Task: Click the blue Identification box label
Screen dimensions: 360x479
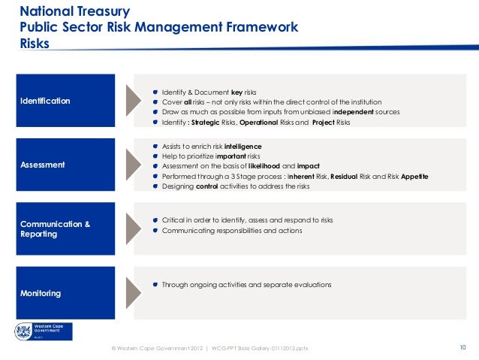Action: pos(45,101)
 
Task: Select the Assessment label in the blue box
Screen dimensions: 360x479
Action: pos(42,165)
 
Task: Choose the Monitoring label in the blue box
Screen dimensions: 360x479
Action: pos(41,292)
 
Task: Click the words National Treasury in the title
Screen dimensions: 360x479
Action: pos(74,12)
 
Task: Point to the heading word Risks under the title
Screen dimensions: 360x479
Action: pos(35,44)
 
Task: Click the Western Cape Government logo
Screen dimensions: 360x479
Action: pos(43,331)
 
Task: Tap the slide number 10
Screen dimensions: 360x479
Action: pos(462,347)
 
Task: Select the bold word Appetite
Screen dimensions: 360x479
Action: pos(421,176)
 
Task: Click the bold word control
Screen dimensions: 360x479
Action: pos(206,186)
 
